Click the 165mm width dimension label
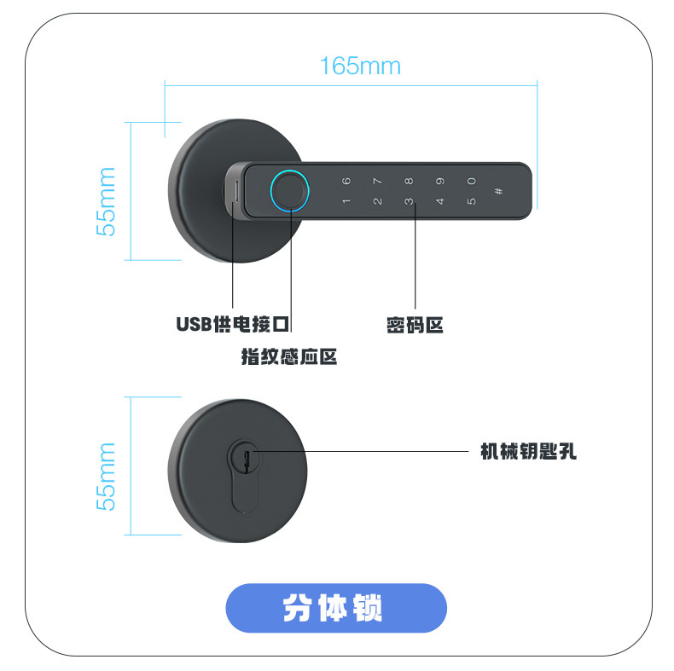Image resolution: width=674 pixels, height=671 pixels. click(359, 66)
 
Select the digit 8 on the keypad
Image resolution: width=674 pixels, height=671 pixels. click(409, 181)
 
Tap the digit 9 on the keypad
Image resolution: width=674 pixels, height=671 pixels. click(440, 181)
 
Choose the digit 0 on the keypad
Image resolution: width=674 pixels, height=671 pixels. click(471, 181)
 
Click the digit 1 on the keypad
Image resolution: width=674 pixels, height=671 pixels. click(346, 202)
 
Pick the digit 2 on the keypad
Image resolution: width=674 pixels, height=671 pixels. click(377, 202)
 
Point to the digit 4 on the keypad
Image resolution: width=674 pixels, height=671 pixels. click(440, 202)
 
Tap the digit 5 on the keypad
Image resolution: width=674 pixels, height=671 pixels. click(471, 202)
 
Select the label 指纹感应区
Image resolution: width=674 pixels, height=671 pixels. click(289, 356)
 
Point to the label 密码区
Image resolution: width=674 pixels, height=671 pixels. click(415, 325)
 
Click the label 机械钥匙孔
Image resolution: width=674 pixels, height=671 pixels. click(529, 451)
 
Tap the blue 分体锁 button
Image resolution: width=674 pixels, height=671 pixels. click(336, 608)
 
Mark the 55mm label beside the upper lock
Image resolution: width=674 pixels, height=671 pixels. click(106, 202)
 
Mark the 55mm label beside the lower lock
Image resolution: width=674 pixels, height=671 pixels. click(106, 476)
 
